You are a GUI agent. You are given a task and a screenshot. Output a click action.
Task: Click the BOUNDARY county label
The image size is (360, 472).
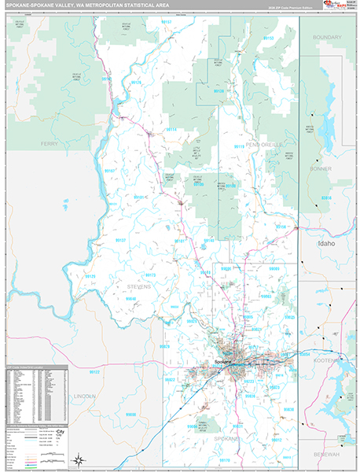tap(326, 37)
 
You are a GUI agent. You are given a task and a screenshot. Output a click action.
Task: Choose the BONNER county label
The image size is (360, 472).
tap(321, 168)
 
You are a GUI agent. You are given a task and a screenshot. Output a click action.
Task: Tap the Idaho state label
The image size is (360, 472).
tap(325, 244)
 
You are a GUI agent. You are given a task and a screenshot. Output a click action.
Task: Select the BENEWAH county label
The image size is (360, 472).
tap(330, 454)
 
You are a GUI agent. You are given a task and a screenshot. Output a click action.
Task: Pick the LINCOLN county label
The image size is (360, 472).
tap(84, 396)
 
